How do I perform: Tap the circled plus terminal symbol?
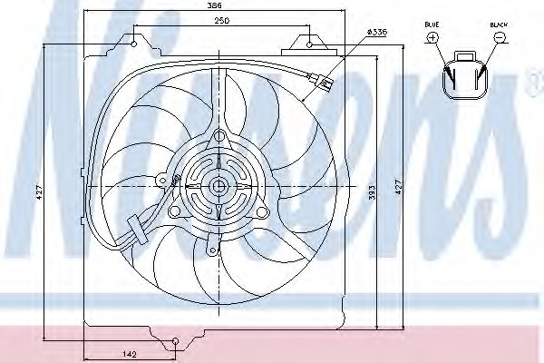point(432,37)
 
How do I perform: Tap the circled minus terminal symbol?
point(500,37)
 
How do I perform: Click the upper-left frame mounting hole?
point(135,42)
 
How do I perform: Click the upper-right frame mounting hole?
point(310,42)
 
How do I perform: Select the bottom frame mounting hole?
point(174,342)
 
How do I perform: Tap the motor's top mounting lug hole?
point(217,138)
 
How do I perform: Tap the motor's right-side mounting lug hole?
point(262,212)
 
